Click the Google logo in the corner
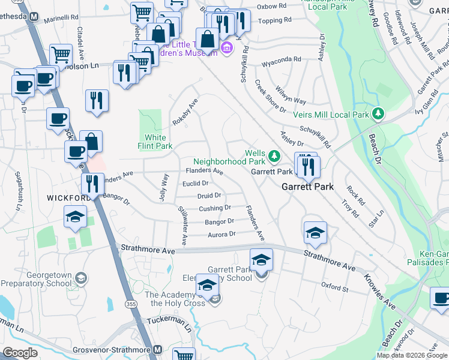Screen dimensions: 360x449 pos(20,352)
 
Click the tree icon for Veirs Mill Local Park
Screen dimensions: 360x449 pos(378,113)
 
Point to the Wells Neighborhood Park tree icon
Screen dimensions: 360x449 pos(274,156)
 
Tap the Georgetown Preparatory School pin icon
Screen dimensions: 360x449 pos(81,278)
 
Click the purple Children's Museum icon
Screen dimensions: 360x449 pos(226,47)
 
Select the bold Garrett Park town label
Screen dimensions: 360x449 pos(308,187)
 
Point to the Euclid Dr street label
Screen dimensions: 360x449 pos(196,183)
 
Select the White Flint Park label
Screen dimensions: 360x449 pos(155,142)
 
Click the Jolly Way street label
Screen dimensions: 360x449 pos(163,187)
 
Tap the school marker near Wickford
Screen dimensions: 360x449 pos(76,217)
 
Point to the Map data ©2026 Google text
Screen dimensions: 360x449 pos(412,355)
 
